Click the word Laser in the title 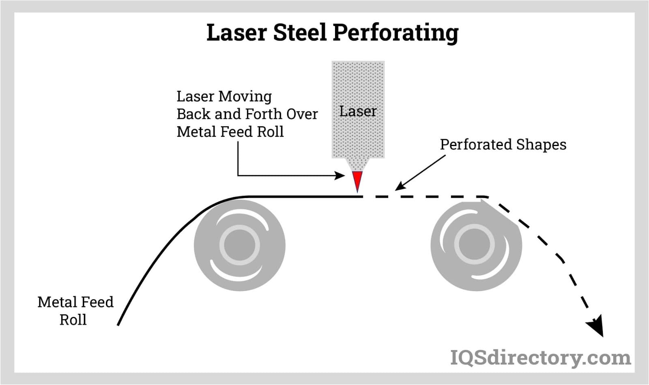(236, 32)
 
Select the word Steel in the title (300, 32)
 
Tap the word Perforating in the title (395, 33)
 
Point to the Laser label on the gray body (358, 111)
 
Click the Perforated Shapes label (503, 144)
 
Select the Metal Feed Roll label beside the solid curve (75, 311)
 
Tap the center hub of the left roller (239, 245)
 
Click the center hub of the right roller (475, 245)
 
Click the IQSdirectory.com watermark (540, 358)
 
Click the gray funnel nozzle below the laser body (357, 164)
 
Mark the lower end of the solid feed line (118, 324)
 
